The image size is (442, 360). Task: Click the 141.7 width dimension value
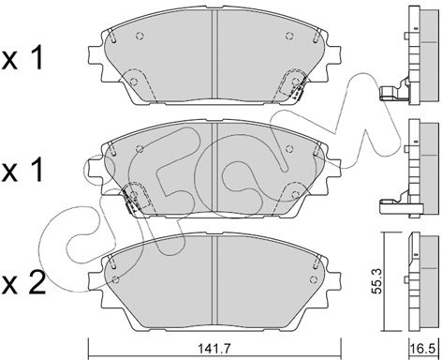point(215,348)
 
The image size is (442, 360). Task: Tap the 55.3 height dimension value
point(378,282)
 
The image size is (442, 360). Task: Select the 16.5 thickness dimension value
point(423,349)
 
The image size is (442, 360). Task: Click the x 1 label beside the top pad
point(22,58)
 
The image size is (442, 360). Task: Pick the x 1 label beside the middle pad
point(22,171)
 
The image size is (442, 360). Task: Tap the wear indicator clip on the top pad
point(297,92)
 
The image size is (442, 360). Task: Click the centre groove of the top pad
point(214,53)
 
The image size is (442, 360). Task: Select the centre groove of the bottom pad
point(214,279)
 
